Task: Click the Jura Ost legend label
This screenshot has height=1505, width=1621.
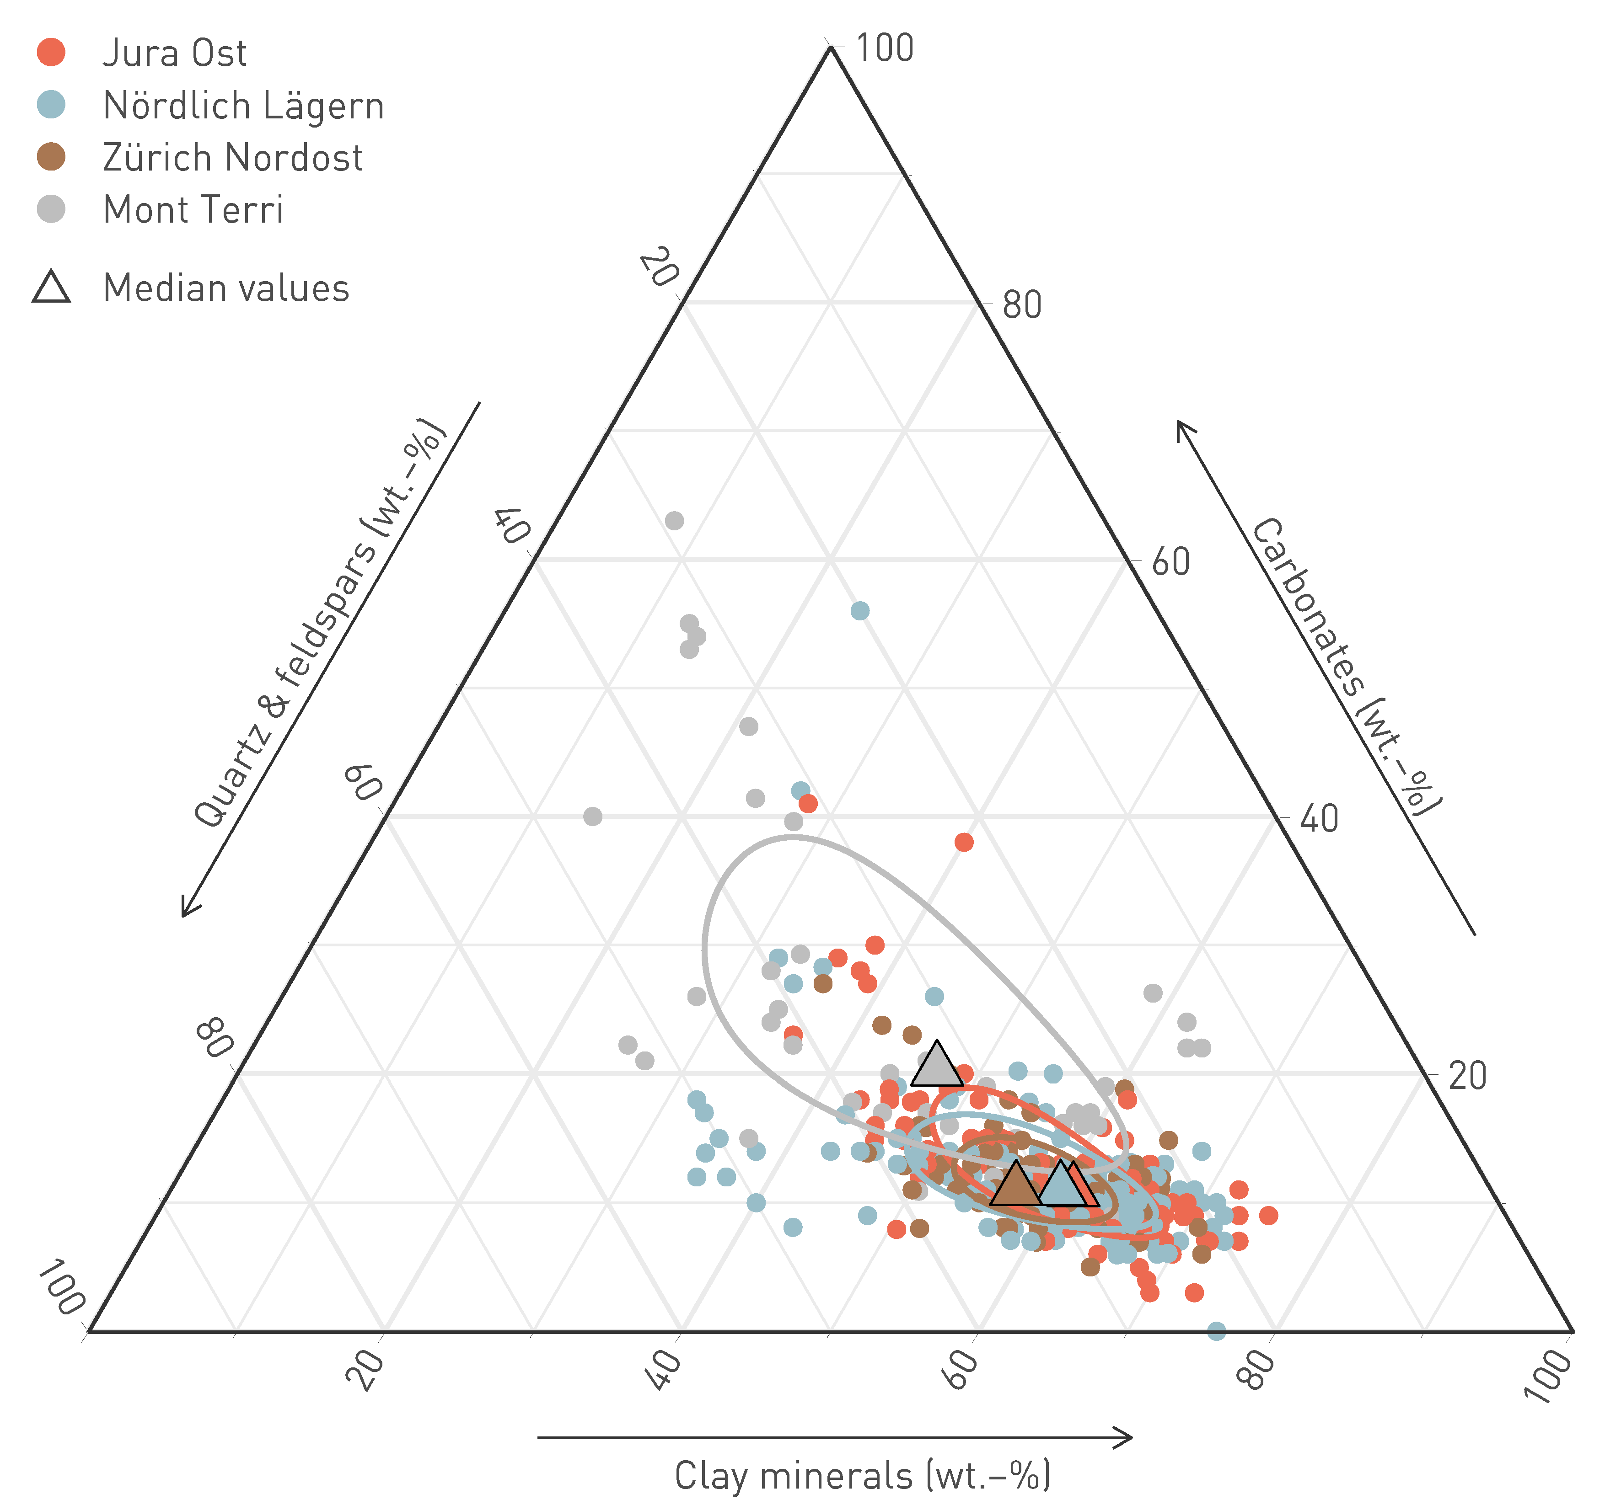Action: coord(174,54)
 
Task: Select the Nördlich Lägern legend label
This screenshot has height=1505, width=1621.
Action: coord(243,106)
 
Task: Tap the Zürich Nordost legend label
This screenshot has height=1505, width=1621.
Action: coord(233,158)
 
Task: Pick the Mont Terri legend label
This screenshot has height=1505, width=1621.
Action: coord(193,210)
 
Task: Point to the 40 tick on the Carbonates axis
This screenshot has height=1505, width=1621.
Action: coord(1319,819)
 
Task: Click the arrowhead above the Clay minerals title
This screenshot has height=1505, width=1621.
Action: coord(1124,1437)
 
